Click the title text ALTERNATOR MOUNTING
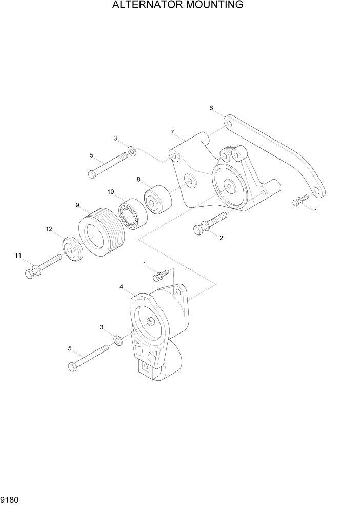(178, 6)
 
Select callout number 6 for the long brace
(211, 108)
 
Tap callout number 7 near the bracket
(173, 132)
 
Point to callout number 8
(138, 179)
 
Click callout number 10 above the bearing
(111, 192)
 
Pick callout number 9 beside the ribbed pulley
(77, 205)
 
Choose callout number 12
(49, 229)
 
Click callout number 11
(18, 255)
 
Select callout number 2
(221, 238)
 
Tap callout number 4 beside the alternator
(122, 287)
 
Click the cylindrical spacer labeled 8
(157, 198)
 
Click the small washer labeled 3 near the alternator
(118, 339)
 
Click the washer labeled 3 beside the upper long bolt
(132, 151)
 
